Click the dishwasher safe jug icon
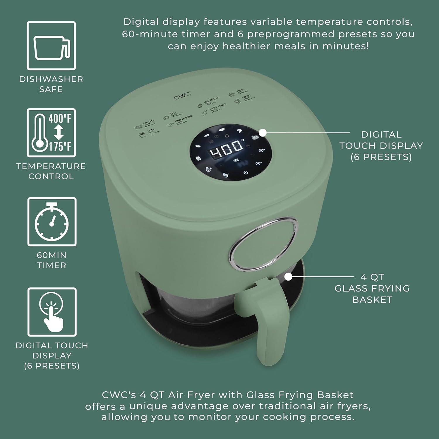[x=52, y=46]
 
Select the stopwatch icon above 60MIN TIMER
[x=52, y=222]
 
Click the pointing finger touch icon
[x=52, y=312]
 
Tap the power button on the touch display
[x=246, y=172]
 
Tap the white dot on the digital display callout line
[x=263, y=133]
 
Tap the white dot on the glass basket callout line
[x=288, y=276]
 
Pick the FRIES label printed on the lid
[x=151, y=131]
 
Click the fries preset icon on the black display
[x=198, y=158]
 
